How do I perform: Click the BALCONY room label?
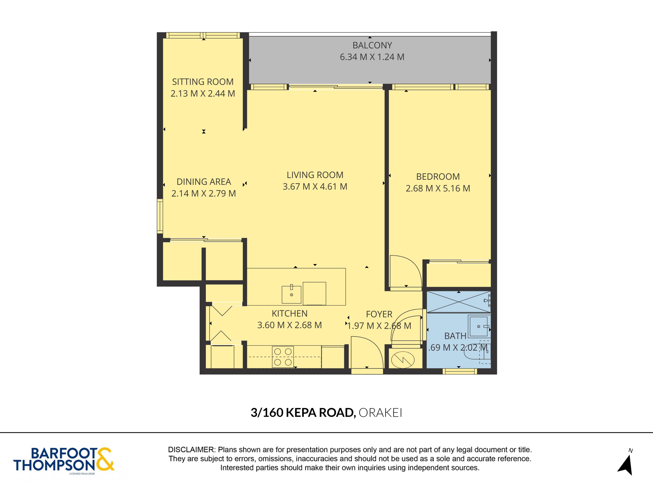coord(372,45)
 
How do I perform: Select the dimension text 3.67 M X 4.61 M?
coord(315,186)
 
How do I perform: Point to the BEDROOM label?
coord(438,176)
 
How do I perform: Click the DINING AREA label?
coord(204,181)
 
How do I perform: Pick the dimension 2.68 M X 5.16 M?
coord(438,188)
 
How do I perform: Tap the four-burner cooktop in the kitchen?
coord(283,357)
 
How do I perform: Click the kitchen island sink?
coord(291,294)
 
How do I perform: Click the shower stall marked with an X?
coord(458,302)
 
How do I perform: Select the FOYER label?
coord(379,314)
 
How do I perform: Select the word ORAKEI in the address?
coord(380,413)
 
